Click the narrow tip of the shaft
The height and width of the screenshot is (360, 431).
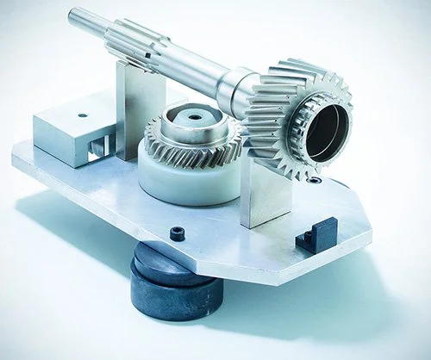pyautogui.click(x=75, y=16)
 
